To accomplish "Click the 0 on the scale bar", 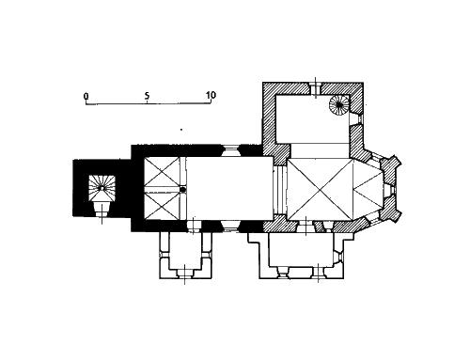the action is (86, 96).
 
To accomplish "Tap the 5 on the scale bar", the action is (148, 96).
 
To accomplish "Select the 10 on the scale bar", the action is (211, 95).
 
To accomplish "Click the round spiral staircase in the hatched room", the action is (338, 105).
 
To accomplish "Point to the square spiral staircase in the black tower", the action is (102, 188).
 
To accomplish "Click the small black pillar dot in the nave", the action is (183, 189).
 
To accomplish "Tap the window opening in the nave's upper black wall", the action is (230, 150).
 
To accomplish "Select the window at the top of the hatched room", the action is (316, 88).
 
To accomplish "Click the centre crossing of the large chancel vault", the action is (321, 189).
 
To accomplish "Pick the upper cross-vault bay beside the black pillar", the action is (162, 172).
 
